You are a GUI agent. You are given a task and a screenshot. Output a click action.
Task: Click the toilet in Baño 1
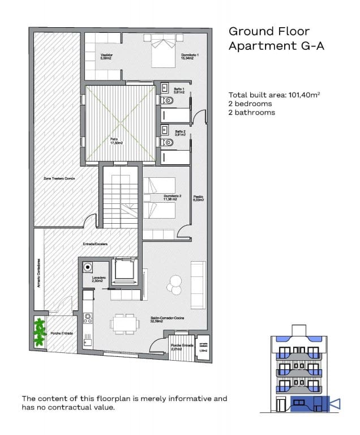point(168,101)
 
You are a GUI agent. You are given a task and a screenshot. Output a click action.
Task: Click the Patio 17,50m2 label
point(117,142)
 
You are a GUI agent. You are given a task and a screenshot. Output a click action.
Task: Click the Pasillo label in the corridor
point(198,198)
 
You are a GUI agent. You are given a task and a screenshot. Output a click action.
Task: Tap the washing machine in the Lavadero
point(88,267)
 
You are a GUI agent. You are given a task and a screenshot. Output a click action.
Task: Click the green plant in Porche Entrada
point(40,332)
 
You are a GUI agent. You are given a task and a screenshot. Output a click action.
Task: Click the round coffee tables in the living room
point(175,283)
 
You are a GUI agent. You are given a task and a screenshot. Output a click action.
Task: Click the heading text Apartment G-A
point(268,46)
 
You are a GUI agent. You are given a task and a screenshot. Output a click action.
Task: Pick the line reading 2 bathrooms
point(251,112)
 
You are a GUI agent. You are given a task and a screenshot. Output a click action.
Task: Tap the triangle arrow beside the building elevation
point(334,404)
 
